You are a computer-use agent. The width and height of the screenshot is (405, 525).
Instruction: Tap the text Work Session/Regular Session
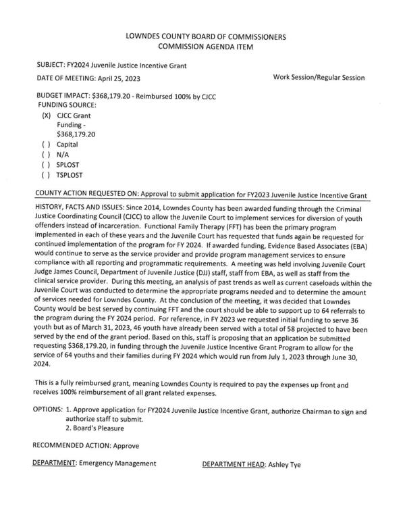click(319, 78)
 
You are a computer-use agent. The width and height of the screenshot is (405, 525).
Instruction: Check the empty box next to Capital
click(46, 145)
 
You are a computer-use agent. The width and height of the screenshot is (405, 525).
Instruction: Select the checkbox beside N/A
click(46, 154)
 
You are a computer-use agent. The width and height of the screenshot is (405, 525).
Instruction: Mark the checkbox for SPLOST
click(46, 164)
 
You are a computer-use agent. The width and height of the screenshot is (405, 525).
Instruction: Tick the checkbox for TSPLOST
click(46, 174)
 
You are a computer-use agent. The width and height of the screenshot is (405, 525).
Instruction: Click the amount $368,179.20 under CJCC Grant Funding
click(77, 134)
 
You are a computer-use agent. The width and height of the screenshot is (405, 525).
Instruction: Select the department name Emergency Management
click(117, 464)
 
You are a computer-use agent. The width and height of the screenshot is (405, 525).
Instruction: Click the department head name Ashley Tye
click(287, 464)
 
